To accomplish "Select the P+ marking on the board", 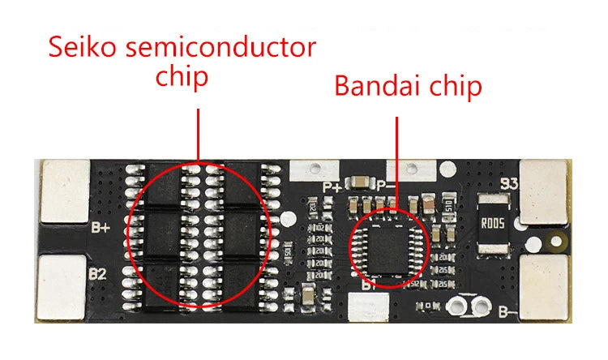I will tap(332, 186).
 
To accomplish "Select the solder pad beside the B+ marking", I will tap(65, 191).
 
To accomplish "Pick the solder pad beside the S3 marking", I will tap(546, 191).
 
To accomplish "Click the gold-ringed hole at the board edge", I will tap(556, 240).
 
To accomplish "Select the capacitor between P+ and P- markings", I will tap(358, 182).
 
